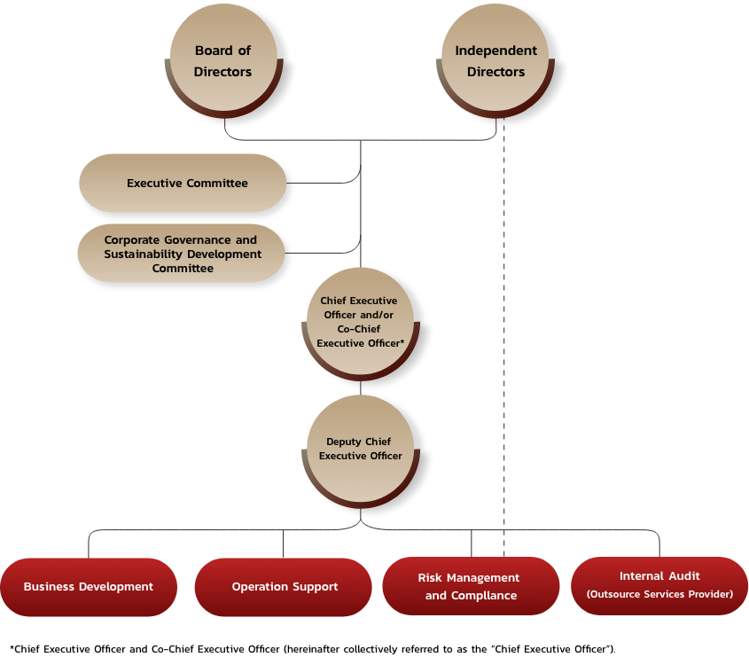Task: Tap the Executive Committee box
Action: coord(183,184)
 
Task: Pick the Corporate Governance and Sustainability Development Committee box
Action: coord(181,254)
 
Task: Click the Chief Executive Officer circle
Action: coord(360,322)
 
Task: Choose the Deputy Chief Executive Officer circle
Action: coord(360,450)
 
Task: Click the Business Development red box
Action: coord(89,587)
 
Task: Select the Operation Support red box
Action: coord(284,587)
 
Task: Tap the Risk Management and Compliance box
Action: coord(471,587)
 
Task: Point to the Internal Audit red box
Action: coord(659,585)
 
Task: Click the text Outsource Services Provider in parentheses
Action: coord(659,594)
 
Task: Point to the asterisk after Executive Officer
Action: coord(402,342)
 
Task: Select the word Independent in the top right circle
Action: coord(495,51)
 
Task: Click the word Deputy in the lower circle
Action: coord(344,442)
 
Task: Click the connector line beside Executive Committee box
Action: coord(324,183)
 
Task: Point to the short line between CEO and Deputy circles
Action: coord(361,387)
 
